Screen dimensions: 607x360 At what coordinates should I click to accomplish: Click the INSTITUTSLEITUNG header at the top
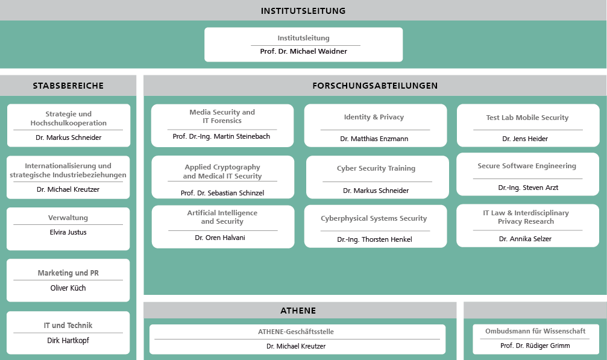303,11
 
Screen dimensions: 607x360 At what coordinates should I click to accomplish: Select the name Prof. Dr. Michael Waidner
304,51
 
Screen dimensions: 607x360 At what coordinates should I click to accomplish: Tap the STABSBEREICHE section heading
68,86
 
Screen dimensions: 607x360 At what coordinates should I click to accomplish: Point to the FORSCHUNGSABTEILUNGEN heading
375,86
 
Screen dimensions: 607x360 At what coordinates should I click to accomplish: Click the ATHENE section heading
298,311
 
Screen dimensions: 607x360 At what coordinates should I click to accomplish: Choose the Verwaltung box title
68,218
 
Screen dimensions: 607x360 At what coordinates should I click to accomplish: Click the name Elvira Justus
68,232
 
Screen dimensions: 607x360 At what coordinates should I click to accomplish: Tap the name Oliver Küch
68,288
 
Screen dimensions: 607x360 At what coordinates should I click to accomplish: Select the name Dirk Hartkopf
68,341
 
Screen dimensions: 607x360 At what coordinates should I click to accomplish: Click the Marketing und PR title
68,273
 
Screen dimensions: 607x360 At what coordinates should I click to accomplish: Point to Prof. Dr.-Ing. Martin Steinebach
221,136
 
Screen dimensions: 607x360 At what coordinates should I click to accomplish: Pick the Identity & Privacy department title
374,117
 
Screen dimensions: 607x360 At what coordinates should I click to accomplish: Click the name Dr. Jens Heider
525,139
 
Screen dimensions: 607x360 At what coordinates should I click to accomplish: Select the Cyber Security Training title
376,168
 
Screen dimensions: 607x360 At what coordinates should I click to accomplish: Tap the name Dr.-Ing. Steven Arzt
528,188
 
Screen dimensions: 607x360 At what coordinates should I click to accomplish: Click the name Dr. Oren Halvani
220,238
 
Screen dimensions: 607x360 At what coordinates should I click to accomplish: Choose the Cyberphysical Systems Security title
374,218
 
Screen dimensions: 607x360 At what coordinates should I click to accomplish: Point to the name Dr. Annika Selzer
525,239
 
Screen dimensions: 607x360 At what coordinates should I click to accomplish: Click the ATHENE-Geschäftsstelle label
296,332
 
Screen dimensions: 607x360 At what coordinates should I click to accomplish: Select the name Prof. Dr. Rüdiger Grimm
535,346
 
